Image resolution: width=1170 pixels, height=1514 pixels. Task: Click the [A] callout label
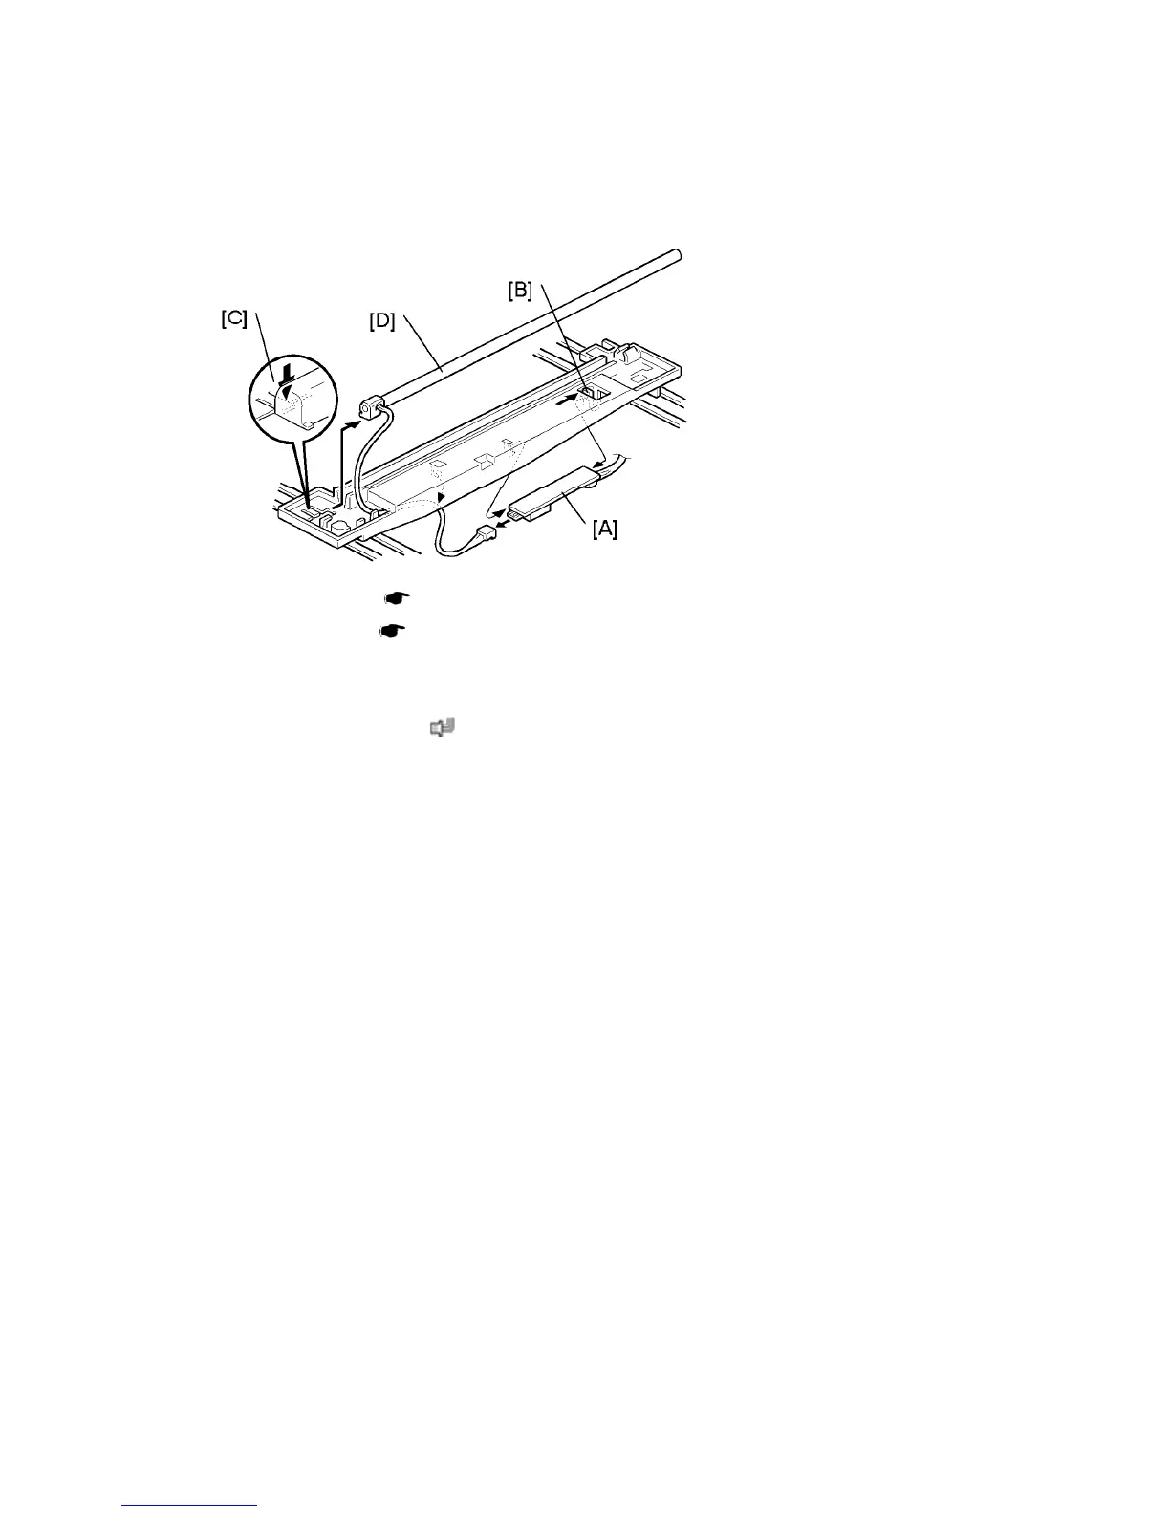pos(604,528)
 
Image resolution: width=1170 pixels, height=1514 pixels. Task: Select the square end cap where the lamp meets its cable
pos(368,412)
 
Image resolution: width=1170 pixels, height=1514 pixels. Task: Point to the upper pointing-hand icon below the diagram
pos(396,597)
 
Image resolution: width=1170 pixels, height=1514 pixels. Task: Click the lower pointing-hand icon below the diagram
pos(393,631)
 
